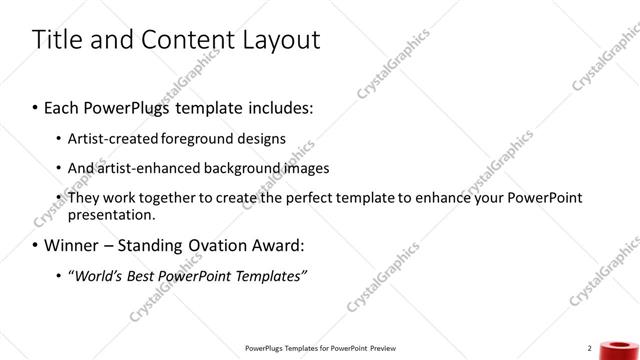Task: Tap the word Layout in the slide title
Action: pyautogui.click(x=275, y=40)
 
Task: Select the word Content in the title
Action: pyautogui.click(x=180, y=40)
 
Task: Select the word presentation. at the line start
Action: pyautogui.click(x=111, y=213)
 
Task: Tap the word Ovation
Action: pyautogui.click(x=226, y=244)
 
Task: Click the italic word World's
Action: pyautogui.click(x=99, y=275)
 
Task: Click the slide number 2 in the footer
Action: pyautogui.click(x=590, y=347)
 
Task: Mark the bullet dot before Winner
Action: pyautogui.click(x=36, y=245)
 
